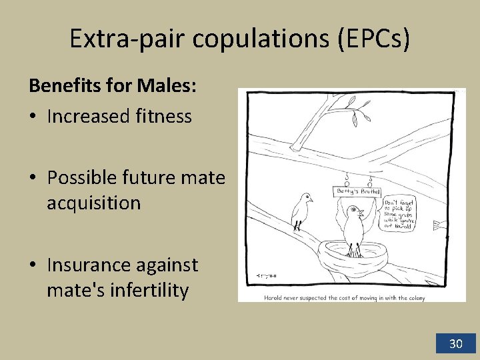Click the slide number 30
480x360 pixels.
tap(456, 344)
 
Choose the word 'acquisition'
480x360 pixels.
tap(94, 203)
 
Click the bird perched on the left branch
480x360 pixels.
tap(301, 210)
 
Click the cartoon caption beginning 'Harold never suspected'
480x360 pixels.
tap(345, 297)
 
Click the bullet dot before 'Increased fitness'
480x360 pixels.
tap(33, 117)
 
